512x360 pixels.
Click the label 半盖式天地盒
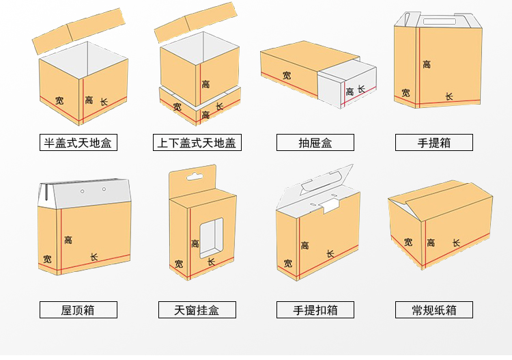coord(77,143)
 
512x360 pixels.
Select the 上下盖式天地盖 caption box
coord(198,143)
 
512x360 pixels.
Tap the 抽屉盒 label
coord(315,143)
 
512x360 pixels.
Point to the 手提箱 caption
coord(433,143)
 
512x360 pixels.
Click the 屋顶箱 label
coord(77,309)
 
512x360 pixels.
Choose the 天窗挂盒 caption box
coord(197,309)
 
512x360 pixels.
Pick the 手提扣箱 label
coord(315,309)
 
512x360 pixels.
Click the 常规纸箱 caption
coord(433,309)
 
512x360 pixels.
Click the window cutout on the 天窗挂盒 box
coord(212,237)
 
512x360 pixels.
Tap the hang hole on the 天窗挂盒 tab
coord(193,176)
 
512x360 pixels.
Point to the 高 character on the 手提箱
coord(427,64)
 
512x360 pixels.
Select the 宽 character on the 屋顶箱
coord(47,259)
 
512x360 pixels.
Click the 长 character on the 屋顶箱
coord(94,257)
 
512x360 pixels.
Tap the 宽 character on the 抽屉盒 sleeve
coord(287,76)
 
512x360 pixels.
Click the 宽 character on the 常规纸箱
coord(408,242)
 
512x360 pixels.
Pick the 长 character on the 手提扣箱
coord(330,253)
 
